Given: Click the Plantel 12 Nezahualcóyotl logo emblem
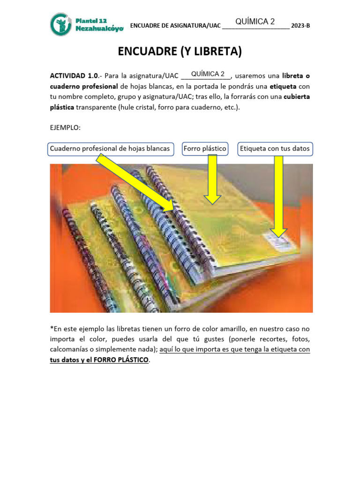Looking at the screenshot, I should coord(61,24).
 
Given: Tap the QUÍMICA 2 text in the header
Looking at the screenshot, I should coord(255,22).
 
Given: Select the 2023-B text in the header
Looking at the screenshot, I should coord(300,26).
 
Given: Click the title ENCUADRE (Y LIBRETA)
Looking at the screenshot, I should coord(180,51).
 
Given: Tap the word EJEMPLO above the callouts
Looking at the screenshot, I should coord(66,127).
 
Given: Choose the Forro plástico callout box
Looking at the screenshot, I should coord(205,149).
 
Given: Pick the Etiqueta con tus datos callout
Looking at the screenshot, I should coord(275,149).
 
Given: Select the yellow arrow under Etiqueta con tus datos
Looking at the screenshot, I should coord(278,196).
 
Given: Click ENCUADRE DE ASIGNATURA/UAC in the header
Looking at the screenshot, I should coord(174,26).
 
